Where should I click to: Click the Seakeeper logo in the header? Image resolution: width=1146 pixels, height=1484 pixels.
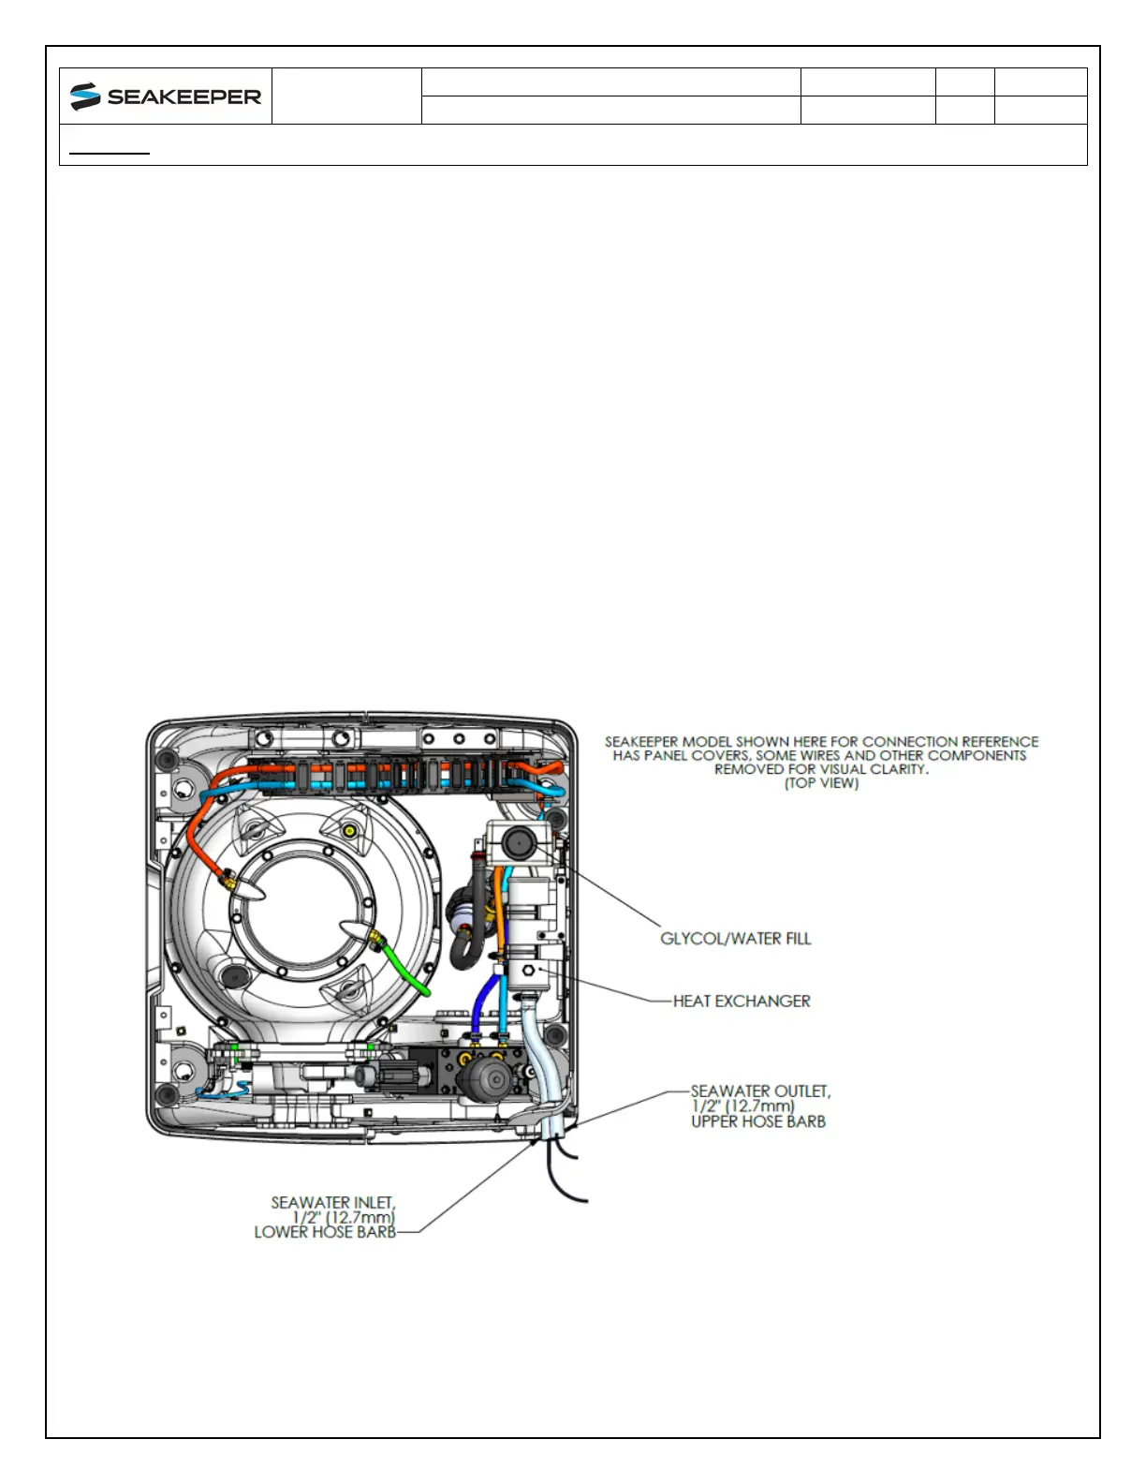(x=166, y=96)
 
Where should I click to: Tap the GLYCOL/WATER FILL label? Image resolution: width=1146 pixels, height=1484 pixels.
(x=735, y=939)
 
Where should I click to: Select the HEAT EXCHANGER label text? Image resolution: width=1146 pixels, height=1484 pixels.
(x=742, y=1002)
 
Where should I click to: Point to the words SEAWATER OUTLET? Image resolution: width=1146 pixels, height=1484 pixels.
(x=760, y=1091)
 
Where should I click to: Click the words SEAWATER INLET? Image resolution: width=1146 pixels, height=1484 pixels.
(x=333, y=1202)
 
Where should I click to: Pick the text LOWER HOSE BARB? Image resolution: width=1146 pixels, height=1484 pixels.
(x=325, y=1232)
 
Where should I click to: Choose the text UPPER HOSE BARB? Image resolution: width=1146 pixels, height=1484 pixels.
(x=758, y=1121)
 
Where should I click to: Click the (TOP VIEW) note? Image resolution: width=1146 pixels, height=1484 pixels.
(x=821, y=783)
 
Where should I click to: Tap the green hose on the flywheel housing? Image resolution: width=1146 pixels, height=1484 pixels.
(x=407, y=970)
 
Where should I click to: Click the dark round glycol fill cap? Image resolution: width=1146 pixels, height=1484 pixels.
(x=518, y=843)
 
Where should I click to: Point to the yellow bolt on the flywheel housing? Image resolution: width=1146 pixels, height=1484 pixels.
(x=349, y=831)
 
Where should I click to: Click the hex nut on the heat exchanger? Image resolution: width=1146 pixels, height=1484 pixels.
(x=529, y=972)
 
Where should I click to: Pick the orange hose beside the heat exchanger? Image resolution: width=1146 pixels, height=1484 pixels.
(x=501, y=913)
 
